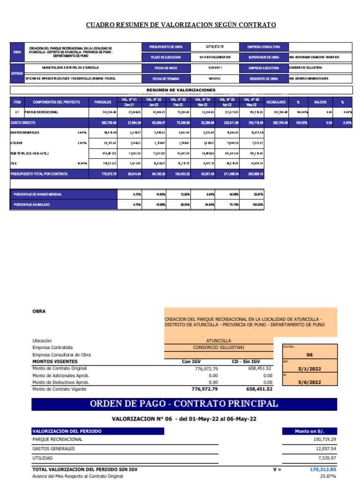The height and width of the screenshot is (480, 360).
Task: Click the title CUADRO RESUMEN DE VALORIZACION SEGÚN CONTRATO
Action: pos(181,25)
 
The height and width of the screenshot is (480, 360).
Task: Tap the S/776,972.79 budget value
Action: pos(215,47)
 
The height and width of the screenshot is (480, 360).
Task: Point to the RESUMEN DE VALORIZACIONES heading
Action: pos(181,90)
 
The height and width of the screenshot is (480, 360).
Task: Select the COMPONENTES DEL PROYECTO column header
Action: pos(56,102)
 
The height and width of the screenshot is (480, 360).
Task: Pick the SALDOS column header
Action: pos(321,102)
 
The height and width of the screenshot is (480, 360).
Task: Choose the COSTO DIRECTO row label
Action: pos(23,122)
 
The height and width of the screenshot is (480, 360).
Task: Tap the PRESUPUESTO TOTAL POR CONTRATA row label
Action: pos(39,174)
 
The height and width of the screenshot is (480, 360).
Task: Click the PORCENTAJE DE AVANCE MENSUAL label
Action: pos(37,194)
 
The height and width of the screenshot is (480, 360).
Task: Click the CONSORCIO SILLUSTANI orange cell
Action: pos(218,347)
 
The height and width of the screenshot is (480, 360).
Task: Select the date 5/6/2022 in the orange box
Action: pos(309,382)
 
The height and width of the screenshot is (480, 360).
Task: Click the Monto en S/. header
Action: pos(309,431)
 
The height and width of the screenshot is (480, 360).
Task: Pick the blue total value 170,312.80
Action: pos(323,469)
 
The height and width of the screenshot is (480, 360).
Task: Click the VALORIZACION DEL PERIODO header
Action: pos(67,431)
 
